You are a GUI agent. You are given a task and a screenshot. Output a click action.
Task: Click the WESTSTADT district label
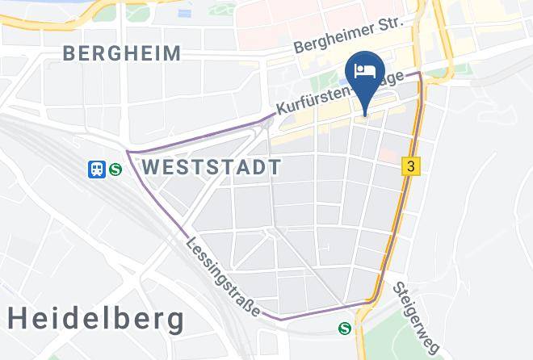(212, 167)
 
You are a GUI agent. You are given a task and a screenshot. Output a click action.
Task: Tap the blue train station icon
(97, 169)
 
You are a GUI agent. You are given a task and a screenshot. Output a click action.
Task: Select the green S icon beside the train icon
(115, 170)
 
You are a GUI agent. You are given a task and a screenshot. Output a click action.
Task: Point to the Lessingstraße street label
(223, 277)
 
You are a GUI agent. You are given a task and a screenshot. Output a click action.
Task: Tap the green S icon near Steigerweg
(345, 327)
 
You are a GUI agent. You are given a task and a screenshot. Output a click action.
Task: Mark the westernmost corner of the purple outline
(128, 151)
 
